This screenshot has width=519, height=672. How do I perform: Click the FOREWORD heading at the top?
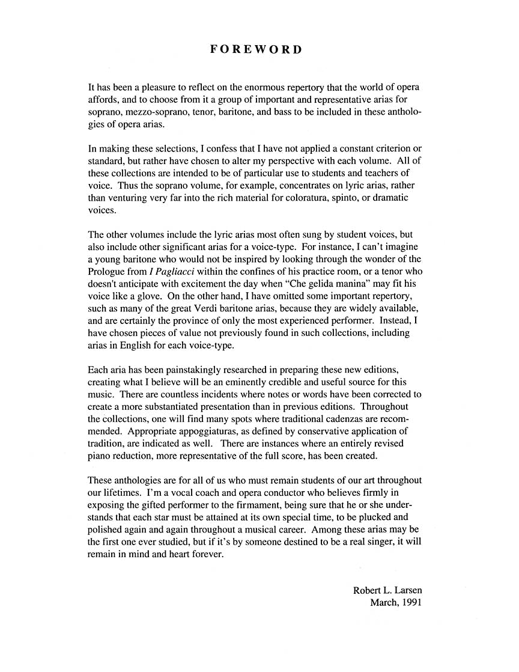[x=256, y=49]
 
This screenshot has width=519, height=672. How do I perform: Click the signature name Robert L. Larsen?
[x=387, y=590]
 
